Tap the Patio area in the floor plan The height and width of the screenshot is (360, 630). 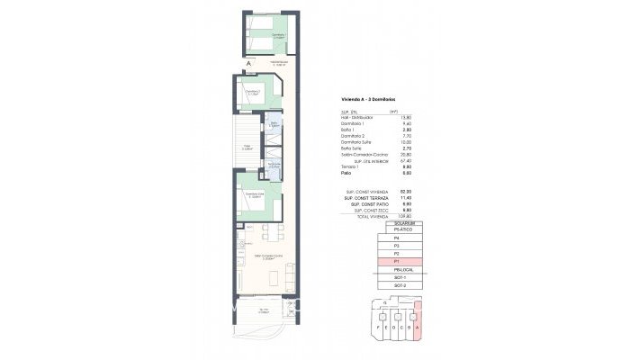(247, 146)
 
